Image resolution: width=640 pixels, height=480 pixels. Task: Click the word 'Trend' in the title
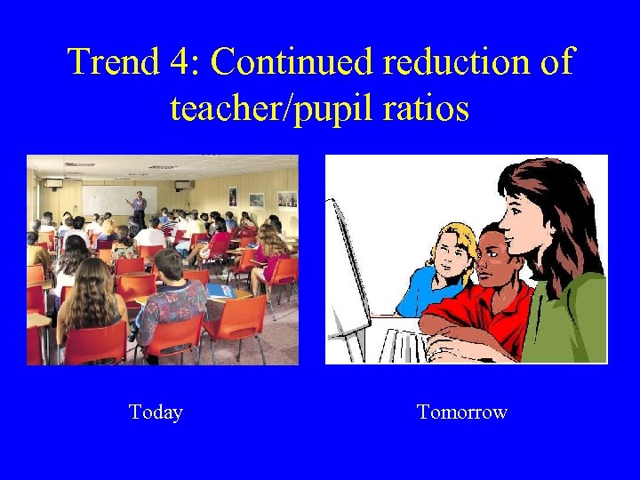pos(111,63)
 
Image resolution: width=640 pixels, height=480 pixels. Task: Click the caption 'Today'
pos(156,412)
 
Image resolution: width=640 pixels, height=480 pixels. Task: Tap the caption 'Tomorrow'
pos(461,412)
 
